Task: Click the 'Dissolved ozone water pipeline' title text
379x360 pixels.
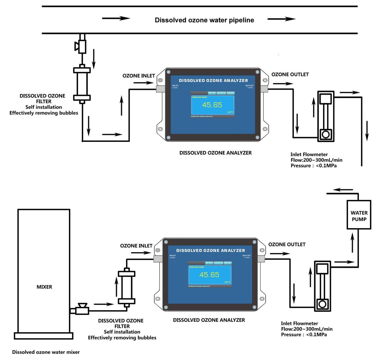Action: [x=204, y=20]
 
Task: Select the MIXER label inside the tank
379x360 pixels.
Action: [x=44, y=287]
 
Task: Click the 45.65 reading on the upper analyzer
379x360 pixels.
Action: [x=212, y=105]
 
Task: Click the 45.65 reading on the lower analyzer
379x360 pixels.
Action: [x=209, y=275]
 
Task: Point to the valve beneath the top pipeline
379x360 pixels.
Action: [x=81, y=46]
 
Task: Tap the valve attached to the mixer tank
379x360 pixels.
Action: [x=82, y=309]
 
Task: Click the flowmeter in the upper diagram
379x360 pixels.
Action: [x=326, y=116]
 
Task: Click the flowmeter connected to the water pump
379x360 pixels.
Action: [x=322, y=286]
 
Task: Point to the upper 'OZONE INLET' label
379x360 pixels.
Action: [x=139, y=76]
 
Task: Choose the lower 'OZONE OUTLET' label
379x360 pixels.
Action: [x=287, y=244]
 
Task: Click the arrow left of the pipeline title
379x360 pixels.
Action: [x=116, y=18]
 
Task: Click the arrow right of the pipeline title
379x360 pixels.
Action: [x=281, y=19]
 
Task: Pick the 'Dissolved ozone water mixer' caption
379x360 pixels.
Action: [x=46, y=352]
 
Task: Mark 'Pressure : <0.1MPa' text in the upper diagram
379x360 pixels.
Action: [x=314, y=166]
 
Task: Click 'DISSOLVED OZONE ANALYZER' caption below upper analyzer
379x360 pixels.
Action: [x=215, y=153]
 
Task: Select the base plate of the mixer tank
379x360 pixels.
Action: [x=44, y=336]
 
